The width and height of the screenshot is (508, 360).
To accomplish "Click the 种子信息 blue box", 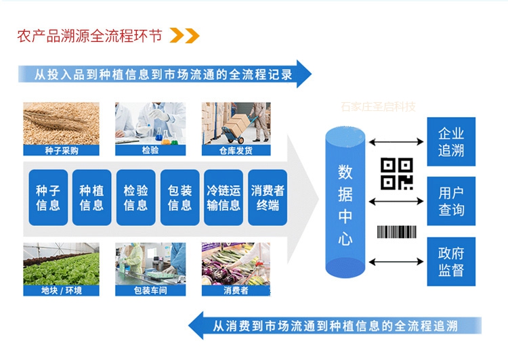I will (x=48, y=198).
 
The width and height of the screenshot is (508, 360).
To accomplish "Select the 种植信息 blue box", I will (x=91, y=198).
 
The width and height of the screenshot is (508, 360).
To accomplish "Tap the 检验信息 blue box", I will (x=135, y=198).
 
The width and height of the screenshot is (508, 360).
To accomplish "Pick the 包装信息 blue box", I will (x=179, y=198).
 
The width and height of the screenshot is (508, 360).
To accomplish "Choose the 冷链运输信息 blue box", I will (x=224, y=198).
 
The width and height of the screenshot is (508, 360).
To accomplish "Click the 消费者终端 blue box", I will (x=268, y=198).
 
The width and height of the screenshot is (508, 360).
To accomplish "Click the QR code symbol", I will (x=396, y=173).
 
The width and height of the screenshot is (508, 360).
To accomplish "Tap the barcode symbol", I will (x=396, y=231).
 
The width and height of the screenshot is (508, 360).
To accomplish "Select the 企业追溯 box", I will (x=451, y=141).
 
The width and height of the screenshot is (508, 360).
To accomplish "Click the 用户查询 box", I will (x=451, y=201).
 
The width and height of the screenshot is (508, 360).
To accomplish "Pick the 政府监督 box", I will (x=451, y=261).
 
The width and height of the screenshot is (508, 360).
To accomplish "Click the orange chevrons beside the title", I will (x=184, y=35).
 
